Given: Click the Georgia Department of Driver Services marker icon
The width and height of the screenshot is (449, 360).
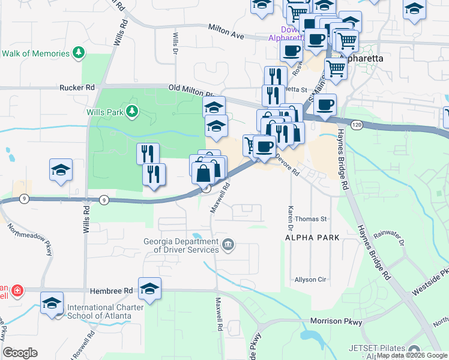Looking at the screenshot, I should [228, 244].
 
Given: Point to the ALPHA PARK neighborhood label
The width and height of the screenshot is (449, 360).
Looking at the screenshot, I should [312, 238].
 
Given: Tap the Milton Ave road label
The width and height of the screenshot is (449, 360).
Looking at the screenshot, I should [226, 32].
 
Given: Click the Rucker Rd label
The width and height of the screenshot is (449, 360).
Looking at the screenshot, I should [77, 87].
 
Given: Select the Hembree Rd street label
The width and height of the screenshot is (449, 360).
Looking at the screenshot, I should [111, 290].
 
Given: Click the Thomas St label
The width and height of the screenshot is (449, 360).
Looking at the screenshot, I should [310, 220].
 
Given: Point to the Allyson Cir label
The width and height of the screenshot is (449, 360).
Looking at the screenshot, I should [310, 280].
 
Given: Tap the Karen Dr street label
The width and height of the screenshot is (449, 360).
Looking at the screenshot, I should [289, 219].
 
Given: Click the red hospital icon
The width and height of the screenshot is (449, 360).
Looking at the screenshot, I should [17, 291].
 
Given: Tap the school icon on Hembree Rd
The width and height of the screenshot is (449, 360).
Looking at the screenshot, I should [149, 289].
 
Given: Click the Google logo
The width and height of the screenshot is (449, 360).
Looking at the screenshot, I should [20, 353].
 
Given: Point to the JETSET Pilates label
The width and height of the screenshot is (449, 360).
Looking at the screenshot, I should [384, 347].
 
